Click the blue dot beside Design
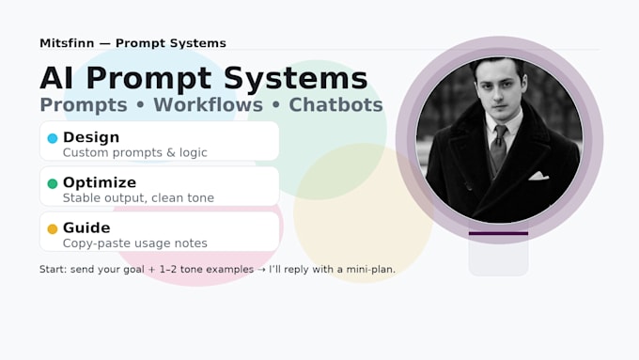(53, 138)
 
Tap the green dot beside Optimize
(53, 183)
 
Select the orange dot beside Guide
(53, 228)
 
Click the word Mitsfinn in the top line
(67, 43)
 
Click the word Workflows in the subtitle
(208, 104)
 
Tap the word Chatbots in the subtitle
(335, 104)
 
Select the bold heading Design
(91, 137)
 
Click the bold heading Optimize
(100, 182)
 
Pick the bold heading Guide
(86, 227)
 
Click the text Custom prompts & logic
(135, 152)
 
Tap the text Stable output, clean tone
(138, 197)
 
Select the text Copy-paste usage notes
(135, 243)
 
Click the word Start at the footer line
(53, 270)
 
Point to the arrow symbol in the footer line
(261, 270)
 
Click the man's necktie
(499, 146)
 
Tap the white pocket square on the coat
(538, 176)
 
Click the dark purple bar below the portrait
(498, 234)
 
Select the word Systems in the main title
(296, 78)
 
